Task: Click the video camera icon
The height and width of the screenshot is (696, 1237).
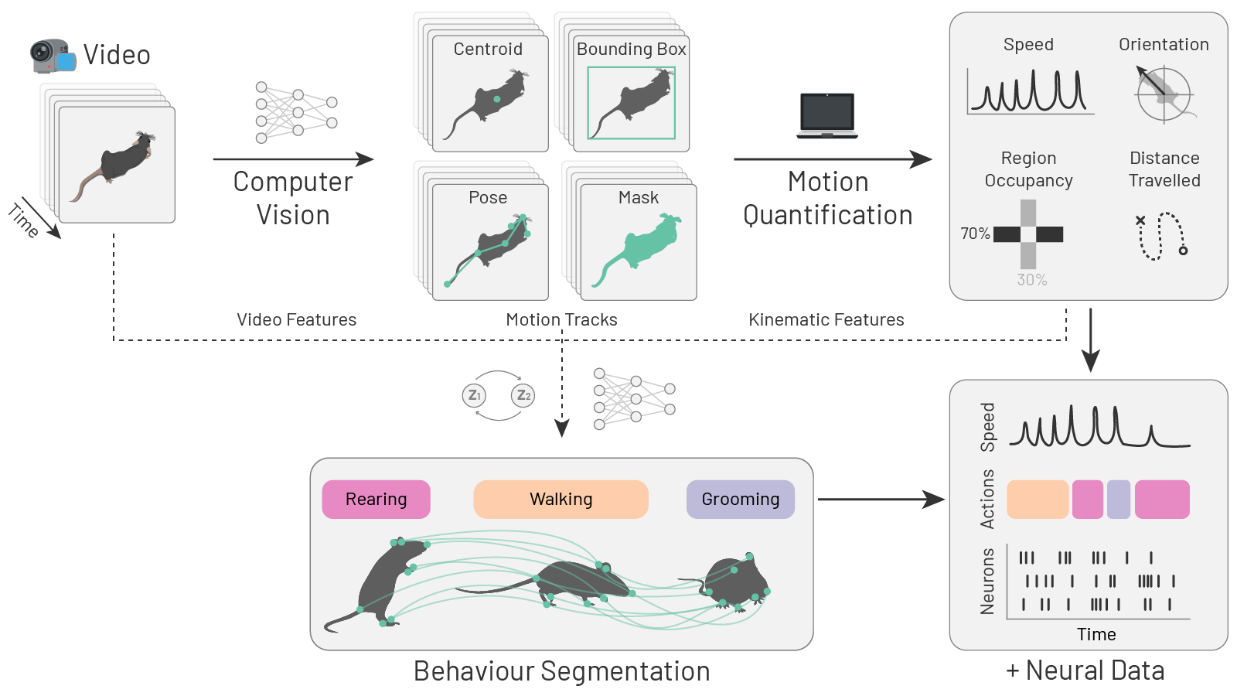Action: [53, 56]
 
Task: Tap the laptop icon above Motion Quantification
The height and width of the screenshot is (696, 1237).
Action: [827, 115]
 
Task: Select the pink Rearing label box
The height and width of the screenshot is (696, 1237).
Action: [376, 500]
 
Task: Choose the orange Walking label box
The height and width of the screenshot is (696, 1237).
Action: [561, 500]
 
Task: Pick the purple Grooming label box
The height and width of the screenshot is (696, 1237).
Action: [740, 500]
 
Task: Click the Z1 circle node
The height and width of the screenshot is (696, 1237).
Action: [474, 395]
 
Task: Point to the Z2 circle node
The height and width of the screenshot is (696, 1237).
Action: [523, 395]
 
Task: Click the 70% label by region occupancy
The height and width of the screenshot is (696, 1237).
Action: [975, 234]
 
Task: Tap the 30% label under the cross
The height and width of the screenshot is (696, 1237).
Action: [1031, 280]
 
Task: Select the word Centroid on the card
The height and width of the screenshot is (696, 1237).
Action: [488, 49]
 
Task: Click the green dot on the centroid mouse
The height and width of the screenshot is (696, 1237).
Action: [497, 100]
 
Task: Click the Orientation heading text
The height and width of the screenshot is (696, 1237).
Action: [1164, 45]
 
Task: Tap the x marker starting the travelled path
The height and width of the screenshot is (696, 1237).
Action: [1140, 220]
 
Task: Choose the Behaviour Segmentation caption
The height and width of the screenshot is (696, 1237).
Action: [561, 671]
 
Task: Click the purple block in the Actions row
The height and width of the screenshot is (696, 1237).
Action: [1119, 500]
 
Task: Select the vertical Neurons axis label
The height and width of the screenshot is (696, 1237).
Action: [987, 582]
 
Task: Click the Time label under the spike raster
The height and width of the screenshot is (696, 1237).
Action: [1096, 635]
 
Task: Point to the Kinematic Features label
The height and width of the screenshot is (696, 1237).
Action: [826, 320]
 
